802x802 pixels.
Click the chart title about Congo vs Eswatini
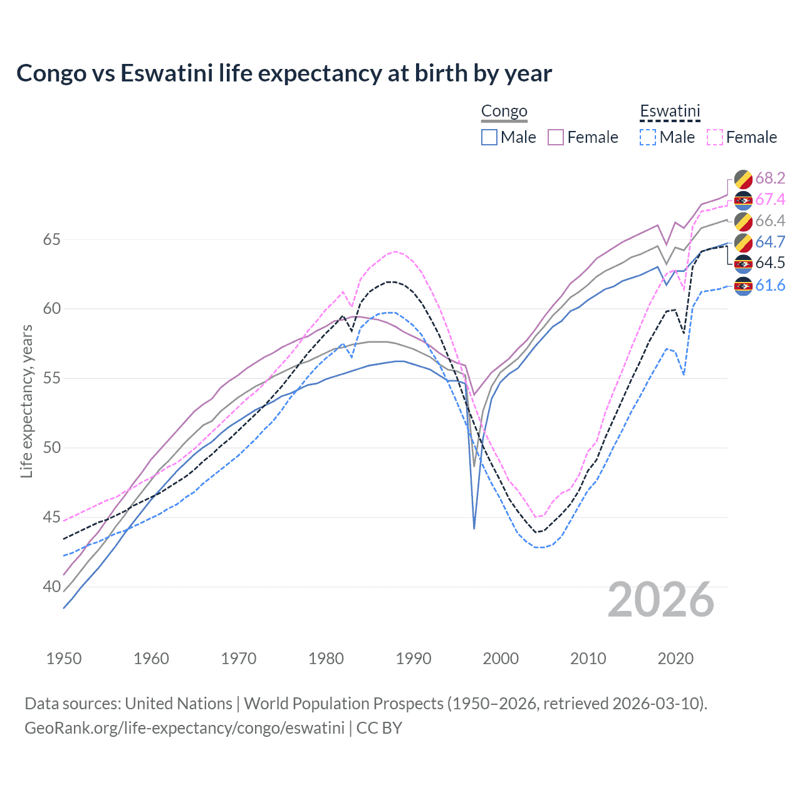(284, 73)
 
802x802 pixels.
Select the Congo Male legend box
(489, 137)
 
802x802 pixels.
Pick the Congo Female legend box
(556, 137)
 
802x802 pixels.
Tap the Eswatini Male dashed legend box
(648, 137)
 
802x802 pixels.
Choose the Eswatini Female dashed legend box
(714, 137)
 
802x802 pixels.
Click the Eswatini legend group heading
(670, 112)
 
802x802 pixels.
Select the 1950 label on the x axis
(64, 659)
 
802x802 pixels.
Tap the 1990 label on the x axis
(414, 659)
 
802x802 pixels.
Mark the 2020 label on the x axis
(675, 659)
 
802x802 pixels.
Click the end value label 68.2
(770, 179)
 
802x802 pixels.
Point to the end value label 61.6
(770, 286)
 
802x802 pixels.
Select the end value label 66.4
(770, 221)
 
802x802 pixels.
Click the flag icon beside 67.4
(743, 200)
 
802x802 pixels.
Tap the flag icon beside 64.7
(743, 242)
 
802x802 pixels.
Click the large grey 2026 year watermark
(661, 600)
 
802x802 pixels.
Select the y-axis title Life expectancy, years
(26, 401)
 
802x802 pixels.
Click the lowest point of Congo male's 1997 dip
(474, 529)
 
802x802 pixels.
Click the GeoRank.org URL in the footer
(184, 728)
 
